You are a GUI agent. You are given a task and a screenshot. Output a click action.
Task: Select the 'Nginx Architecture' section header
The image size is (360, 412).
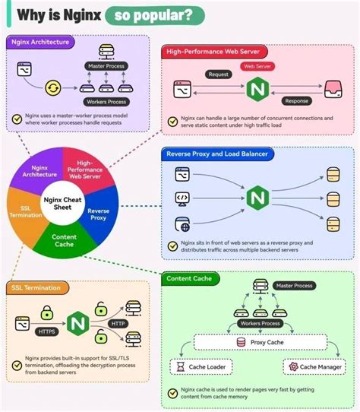42,42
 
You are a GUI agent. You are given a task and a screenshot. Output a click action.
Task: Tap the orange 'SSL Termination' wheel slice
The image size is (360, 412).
22,211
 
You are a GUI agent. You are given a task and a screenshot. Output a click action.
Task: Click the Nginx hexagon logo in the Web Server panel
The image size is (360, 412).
257,91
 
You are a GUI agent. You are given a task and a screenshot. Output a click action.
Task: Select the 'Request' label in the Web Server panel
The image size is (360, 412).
219,74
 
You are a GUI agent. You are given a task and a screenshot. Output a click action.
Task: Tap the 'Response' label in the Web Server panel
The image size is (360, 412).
295,100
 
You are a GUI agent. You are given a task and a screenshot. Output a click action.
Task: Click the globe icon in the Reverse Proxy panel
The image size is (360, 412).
182,224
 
